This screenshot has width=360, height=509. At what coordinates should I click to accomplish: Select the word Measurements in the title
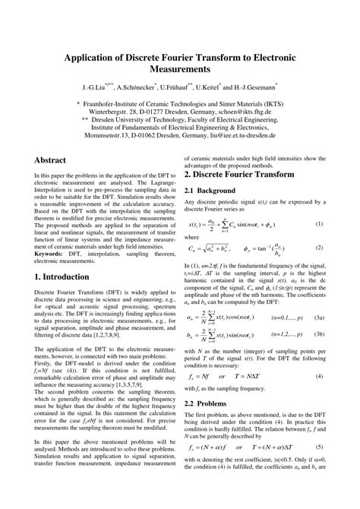click(x=180, y=71)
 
